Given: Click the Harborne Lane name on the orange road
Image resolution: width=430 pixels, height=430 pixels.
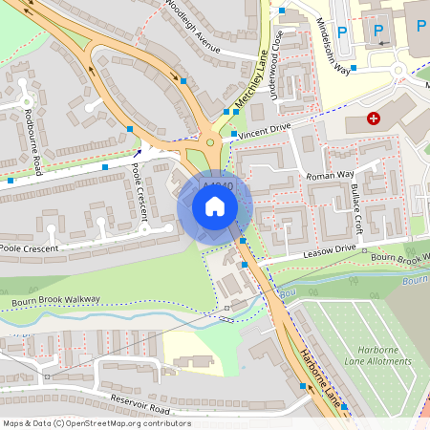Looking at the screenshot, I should click(x=319, y=376).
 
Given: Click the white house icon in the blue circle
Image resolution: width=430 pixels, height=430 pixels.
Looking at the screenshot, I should click(x=215, y=206).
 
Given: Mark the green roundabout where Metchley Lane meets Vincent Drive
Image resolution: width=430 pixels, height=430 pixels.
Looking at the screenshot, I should click(x=209, y=143).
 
